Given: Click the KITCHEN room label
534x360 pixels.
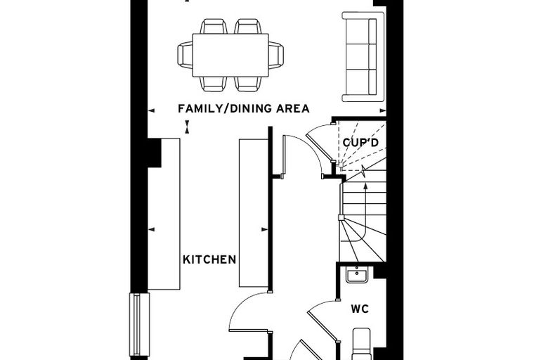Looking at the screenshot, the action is (209, 259).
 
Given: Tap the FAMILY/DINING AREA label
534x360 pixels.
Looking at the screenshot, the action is (244, 109).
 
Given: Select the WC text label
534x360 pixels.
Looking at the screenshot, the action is (360, 309).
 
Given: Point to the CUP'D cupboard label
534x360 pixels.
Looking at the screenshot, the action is (360, 143).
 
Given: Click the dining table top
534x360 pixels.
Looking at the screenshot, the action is (230, 56).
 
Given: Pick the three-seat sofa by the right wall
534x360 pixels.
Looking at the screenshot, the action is (363, 56).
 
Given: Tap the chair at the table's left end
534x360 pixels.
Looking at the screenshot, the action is (185, 56).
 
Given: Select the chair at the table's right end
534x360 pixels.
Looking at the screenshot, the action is (276, 56).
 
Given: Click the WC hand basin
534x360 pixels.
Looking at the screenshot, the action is (356, 275).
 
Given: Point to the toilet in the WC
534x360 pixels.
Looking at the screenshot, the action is (361, 344).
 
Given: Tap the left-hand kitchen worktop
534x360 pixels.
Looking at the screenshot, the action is (164, 214).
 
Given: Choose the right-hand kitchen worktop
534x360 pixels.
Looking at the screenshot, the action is (254, 213).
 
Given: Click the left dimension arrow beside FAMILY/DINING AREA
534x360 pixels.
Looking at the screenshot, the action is (152, 110).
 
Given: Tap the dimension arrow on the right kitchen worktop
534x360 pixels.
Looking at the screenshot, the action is (265, 229).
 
